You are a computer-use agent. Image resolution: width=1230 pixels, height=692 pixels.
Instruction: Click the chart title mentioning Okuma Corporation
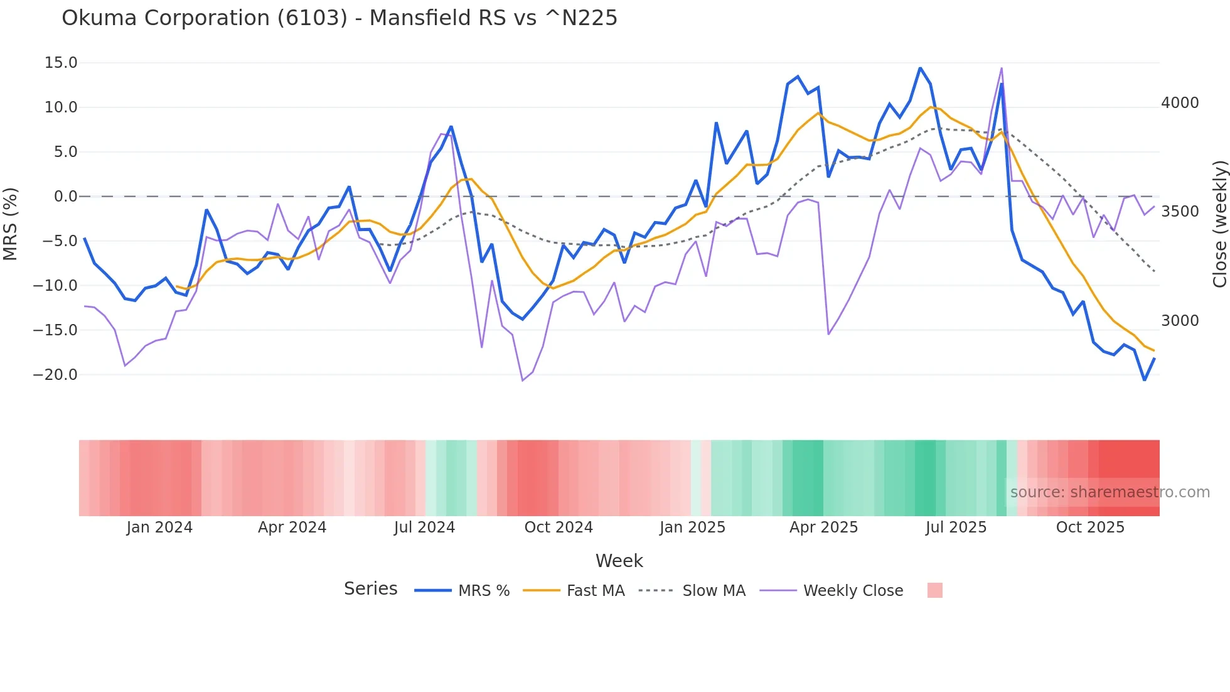pyautogui.click(x=339, y=18)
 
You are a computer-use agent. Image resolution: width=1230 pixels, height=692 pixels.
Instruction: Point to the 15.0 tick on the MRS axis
pyautogui.click(x=61, y=63)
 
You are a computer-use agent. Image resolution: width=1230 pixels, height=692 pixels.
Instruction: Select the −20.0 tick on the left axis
pyautogui.click(x=55, y=375)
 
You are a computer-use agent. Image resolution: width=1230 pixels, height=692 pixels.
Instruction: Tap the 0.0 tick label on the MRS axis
pyautogui.click(x=66, y=197)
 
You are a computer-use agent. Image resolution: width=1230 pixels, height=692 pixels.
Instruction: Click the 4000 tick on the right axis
pyautogui.click(x=1180, y=103)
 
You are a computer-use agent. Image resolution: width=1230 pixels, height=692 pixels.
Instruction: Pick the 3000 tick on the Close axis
pyautogui.click(x=1180, y=321)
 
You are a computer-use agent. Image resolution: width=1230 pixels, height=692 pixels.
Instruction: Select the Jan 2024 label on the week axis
pyautogui.click(x=159, y=527)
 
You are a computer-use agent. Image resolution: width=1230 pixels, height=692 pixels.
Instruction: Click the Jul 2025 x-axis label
pyautogui.click(x=956, y=527)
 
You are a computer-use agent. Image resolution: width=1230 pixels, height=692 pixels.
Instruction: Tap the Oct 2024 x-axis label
pyautogui.click(x=559, y=527)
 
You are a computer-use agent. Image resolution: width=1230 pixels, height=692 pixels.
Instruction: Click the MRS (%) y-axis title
pyautogui.click(x=11, y=224)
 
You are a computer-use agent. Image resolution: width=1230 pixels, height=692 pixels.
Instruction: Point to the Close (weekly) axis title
pyautogui.click(x=1219, y=224)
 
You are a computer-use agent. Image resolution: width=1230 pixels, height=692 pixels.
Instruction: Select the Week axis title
pyautogui.click(x=619, y=561)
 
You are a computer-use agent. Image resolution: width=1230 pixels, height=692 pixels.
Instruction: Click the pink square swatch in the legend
pyautogui.click(x=934, y=590)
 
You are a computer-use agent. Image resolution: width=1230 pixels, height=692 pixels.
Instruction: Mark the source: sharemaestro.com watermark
pyautogui.click(x=1110, y=492)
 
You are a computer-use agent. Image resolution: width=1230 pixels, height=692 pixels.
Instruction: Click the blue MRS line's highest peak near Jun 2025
pyautogui.click(x=920, y=68)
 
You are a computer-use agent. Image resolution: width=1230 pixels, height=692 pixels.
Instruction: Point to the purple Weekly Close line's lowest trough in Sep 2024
pyautogui.click(x=522, y=381)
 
